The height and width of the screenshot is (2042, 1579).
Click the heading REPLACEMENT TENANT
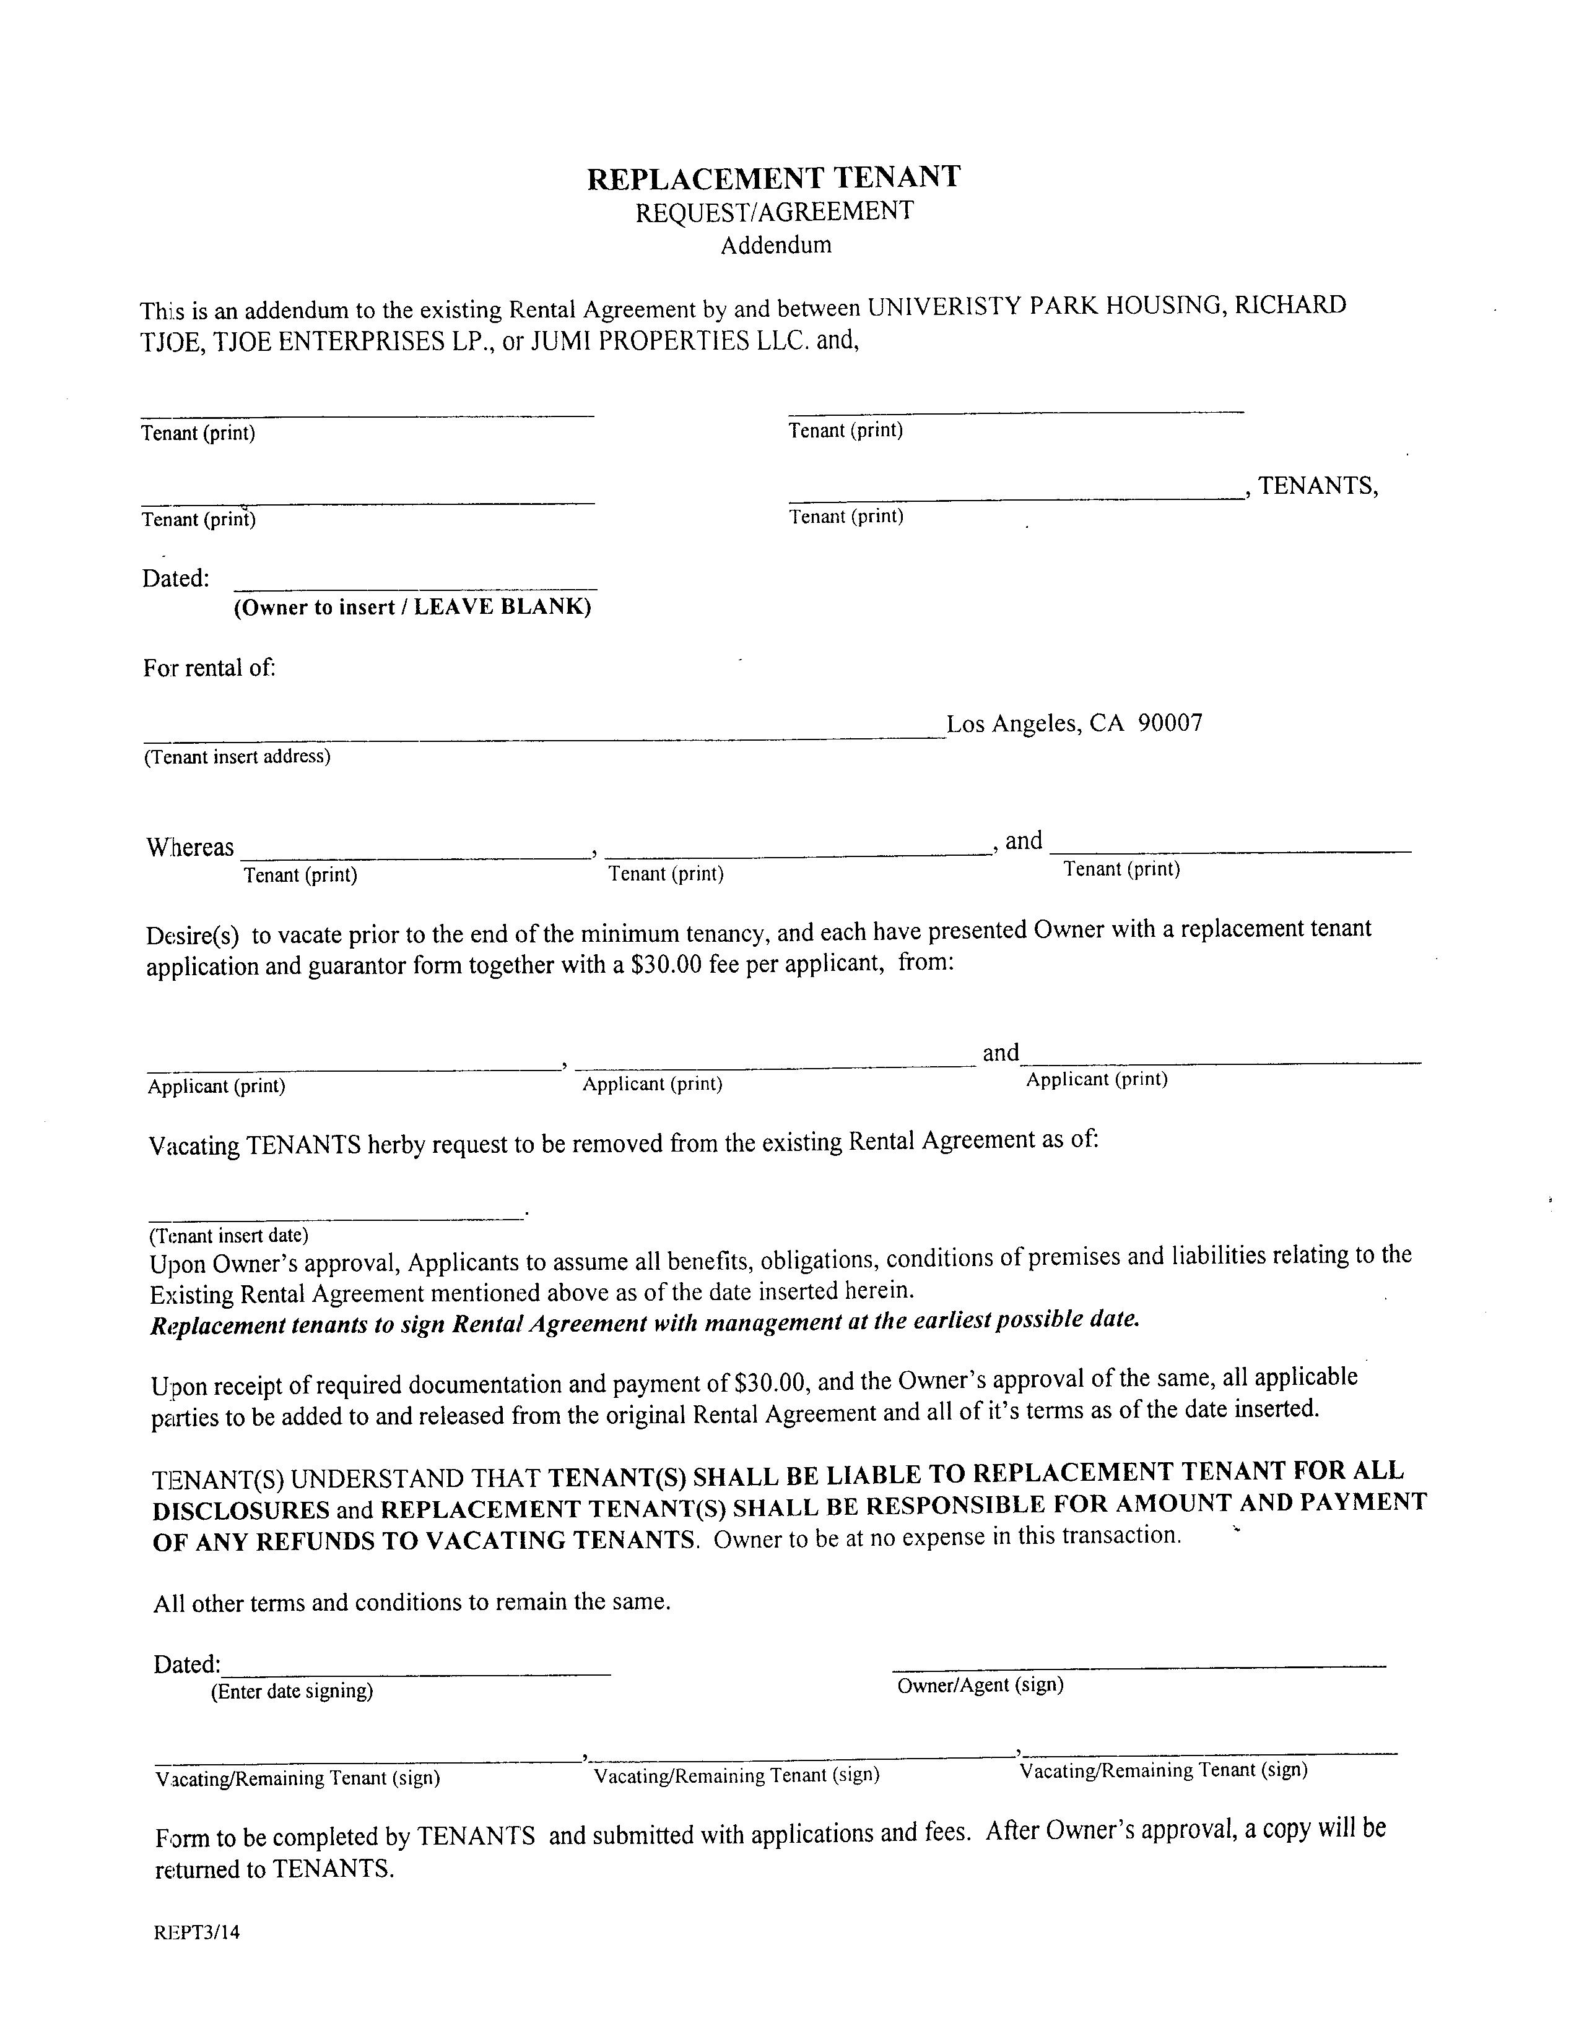tap(773, 178)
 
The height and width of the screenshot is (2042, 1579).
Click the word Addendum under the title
tap(775, 245)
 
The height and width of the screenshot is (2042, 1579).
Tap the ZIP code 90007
tap(1170, 723)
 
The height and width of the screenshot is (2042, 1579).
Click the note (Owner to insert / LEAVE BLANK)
tap(412, 608)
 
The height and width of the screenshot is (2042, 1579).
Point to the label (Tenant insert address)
tap(237, 756)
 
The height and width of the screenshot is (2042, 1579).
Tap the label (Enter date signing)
tap(292, 1691)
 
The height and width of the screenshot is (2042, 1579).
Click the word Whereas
tap(190, 847)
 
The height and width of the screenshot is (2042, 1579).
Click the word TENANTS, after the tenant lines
tap(1318, 486)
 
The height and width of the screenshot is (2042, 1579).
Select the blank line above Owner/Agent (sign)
tap(1138, 1666)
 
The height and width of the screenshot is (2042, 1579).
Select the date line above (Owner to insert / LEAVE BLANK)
tap(414, 588)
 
